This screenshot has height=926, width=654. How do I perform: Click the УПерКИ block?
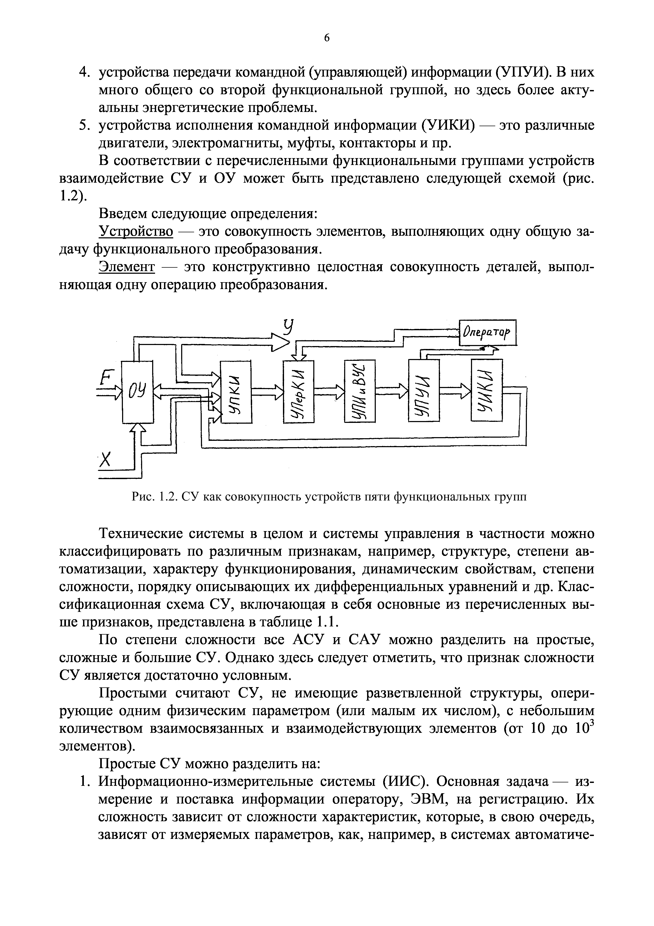[x=299, y=391]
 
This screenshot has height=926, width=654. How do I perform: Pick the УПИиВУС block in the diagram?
[x=359, y=391]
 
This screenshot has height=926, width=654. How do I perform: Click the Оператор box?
[x=488, y=332]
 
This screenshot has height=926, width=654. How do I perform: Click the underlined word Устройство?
[x=136, y=232]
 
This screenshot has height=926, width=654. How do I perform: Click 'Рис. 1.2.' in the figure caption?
[x=155, y=497]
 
